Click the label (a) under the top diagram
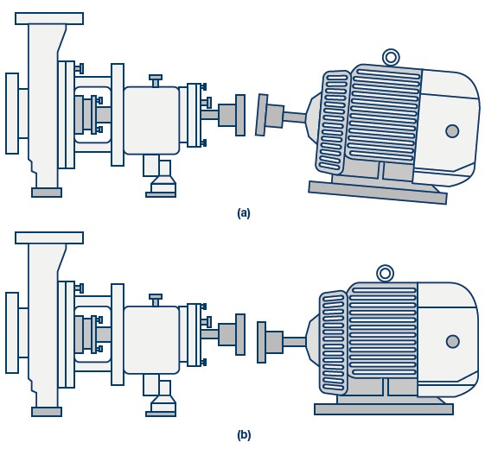pos(244,213)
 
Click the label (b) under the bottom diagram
pos(244,435)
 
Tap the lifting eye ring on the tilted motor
pos(391,51)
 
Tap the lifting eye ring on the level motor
pos(385,267)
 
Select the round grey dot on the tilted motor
pos(452,131)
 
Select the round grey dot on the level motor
pos(453,341)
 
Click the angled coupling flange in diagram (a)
pos(262,115)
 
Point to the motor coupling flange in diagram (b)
pos(262,342)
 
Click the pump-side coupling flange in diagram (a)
pos(240,115)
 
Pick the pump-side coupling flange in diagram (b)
pos(240,334)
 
